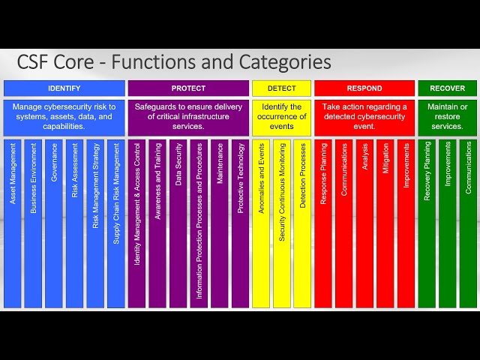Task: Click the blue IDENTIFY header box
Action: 64,88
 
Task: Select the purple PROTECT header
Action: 188,88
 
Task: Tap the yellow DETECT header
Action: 281,88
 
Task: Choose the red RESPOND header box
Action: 364,88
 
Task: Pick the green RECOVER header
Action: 447,88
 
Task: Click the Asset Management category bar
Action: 13,223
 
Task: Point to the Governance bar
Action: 54,223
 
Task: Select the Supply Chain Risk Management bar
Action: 115,223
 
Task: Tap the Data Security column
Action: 178,223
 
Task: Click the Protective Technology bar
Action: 240,223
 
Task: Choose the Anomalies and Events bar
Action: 261,223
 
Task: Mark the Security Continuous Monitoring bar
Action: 282,223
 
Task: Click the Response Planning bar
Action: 323,223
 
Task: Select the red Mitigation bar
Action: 385,223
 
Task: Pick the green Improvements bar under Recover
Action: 448,223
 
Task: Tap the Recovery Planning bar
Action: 427,223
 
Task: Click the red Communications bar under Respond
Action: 344,223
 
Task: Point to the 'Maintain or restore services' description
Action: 447,116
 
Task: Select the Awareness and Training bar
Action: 157,223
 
